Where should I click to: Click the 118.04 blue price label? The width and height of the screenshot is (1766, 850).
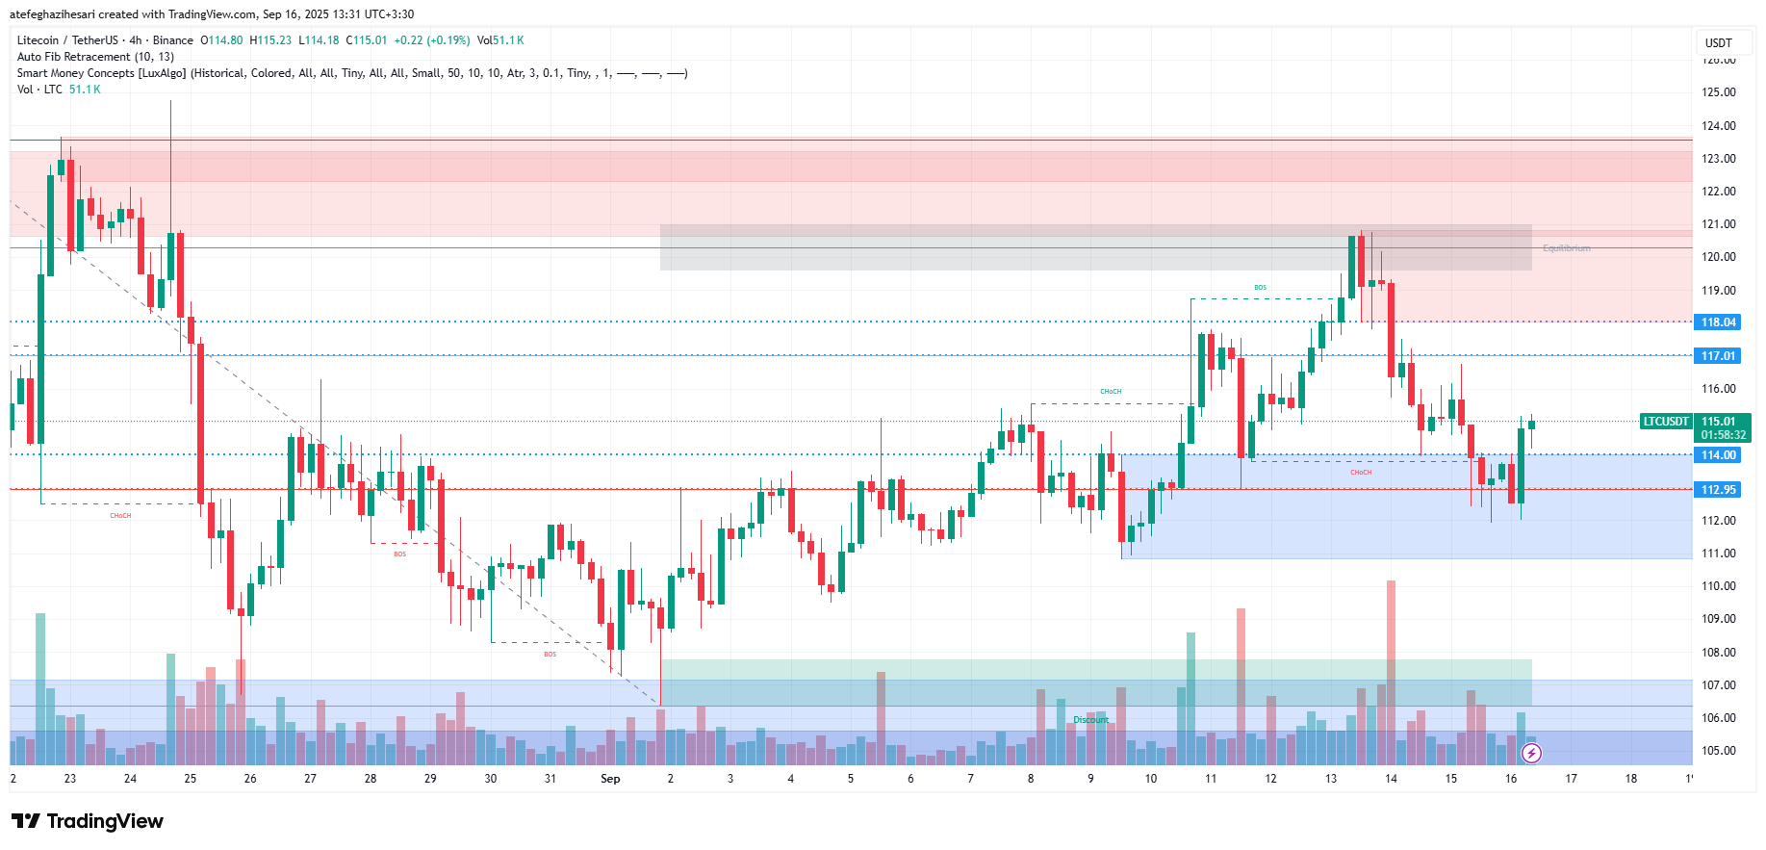1718,322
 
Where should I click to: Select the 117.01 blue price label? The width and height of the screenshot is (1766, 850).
1718,356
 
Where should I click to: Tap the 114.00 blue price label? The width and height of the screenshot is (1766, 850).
1718,455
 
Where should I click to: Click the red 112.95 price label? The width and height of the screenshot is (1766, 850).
1718,490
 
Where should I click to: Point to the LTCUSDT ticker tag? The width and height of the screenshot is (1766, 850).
1666,422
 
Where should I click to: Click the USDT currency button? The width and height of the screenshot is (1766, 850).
1719,42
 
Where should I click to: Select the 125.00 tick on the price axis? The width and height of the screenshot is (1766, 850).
1719,92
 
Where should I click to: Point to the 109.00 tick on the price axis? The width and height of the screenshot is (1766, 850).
1719,619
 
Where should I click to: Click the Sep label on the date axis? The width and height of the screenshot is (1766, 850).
610,779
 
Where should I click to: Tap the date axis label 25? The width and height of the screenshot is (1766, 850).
191,779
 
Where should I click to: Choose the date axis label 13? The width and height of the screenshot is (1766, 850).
1331,779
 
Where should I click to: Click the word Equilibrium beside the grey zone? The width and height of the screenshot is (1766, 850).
1566,248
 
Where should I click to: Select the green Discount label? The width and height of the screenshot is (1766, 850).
1091,720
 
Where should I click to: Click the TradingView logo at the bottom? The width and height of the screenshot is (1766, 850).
88,821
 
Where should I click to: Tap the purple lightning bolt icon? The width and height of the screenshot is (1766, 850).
1531,753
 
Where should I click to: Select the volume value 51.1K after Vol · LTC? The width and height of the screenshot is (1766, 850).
85,90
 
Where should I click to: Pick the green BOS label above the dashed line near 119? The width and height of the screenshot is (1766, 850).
1260,288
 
